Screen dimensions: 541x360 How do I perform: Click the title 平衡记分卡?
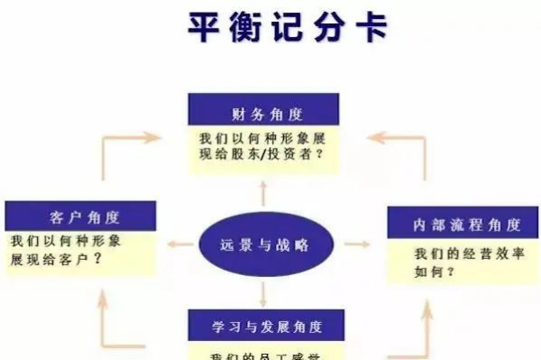coord(288,27)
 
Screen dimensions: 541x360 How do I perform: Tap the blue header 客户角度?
coord(80,217)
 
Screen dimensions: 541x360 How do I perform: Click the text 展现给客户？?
coord(56,259)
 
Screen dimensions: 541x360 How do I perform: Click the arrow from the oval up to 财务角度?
coord(263,193)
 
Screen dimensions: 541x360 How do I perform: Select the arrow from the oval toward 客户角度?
coord(184,245)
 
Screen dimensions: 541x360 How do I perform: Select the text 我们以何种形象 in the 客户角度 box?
coord(67,242)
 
